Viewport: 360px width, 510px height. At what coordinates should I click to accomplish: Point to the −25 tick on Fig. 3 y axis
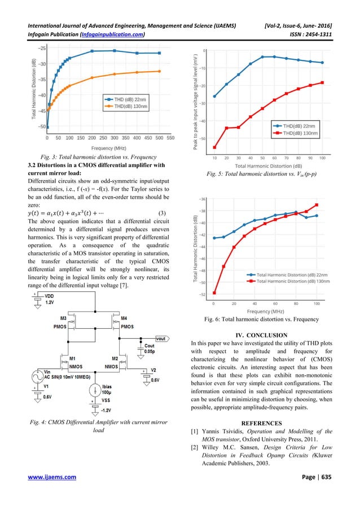42,48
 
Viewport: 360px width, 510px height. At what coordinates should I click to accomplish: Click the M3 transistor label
63,319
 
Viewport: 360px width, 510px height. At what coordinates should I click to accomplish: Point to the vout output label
160,338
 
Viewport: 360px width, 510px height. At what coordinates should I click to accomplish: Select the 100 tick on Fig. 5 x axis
322,158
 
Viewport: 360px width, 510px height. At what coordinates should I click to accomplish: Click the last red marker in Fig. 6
317,204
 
